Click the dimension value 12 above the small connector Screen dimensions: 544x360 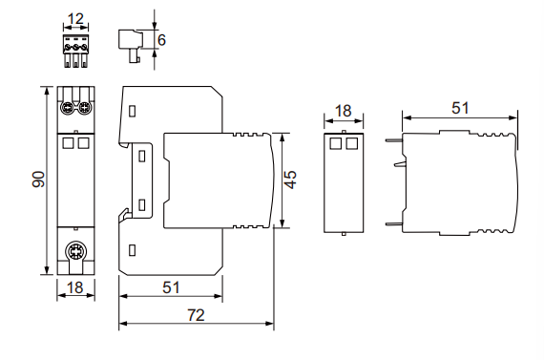click(75, 19)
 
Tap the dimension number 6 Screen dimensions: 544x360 click(161, 40)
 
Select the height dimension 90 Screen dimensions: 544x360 click(38, 180)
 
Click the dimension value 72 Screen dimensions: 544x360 click(196, 315)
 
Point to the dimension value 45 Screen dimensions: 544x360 click(291, 180)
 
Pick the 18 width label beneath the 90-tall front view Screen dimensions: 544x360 click(75, 287)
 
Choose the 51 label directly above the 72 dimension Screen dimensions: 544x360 click(171, 287)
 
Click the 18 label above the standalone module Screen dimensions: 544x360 click(344, 111)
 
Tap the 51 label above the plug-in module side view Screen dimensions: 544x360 click(460, 108)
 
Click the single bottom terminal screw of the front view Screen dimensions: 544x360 click(75, 250)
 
